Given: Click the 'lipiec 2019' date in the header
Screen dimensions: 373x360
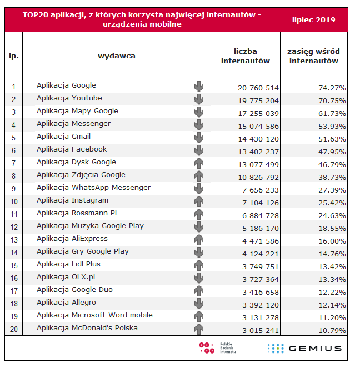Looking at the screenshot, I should (313, 20).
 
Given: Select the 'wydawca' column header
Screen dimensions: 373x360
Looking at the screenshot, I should (117, 56).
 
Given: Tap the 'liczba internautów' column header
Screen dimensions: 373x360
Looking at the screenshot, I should (246, 56).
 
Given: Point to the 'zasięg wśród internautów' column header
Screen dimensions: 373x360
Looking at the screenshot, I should (314, 56).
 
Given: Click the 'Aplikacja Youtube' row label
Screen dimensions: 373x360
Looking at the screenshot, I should (69, 98).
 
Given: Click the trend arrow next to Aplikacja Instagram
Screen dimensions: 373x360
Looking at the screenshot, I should (199, 201).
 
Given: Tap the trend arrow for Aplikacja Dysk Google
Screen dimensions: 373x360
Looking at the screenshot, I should (199, 163).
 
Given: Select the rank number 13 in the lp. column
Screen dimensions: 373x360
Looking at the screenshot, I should (14, 240).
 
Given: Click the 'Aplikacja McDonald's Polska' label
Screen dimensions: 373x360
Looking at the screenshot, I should (87, 328).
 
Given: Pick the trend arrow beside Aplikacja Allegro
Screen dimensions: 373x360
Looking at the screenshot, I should (199, 304).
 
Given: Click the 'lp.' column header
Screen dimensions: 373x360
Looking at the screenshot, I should (14, 56).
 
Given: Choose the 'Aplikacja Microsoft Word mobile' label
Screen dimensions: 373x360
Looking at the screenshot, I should (94, 315).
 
